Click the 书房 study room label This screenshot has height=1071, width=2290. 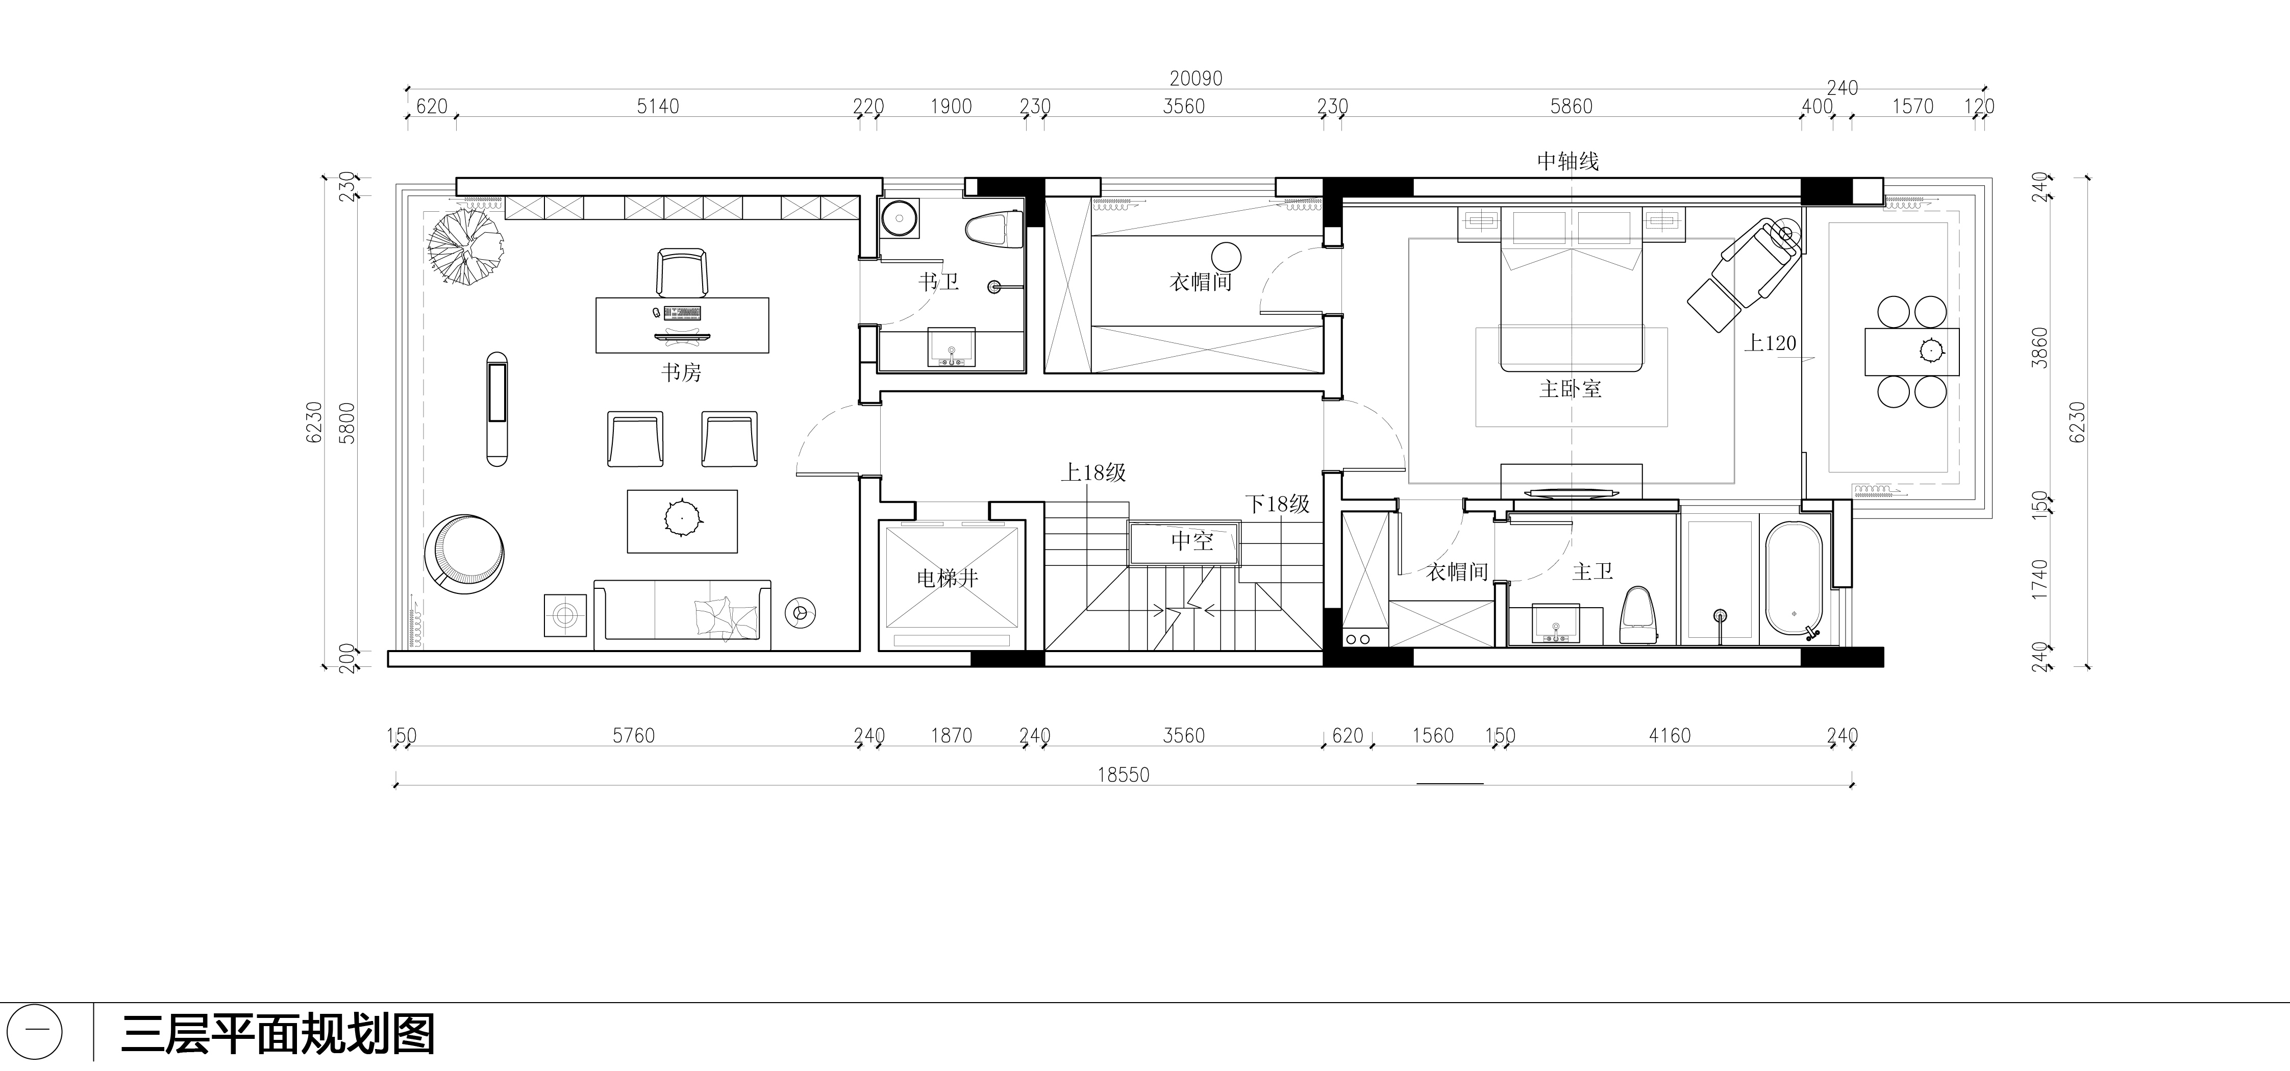(681, 372)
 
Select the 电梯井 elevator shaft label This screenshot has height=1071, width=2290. (948, 579)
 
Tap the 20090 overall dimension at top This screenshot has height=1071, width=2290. (1196, 78)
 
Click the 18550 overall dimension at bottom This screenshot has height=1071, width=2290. (1123, 775)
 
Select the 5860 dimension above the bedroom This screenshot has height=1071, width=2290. (1571, 107)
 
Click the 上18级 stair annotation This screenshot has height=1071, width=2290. (1093, 473)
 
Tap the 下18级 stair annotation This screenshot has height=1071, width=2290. (1278, 504)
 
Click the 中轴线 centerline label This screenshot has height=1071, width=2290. (1568, 161)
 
